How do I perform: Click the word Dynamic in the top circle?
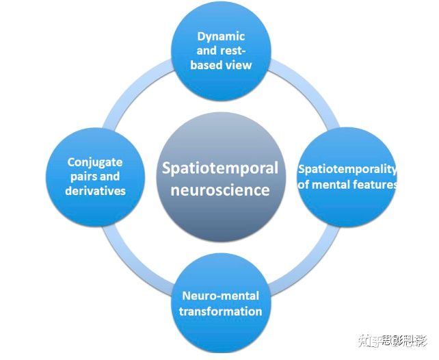point(221,36)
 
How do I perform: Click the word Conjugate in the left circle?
point(95,162)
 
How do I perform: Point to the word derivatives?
point(95,190)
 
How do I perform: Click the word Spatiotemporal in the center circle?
point(219,168)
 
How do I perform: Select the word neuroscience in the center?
point(219,190)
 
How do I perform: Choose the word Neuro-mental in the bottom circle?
point(220,296)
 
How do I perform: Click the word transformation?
point(220,311)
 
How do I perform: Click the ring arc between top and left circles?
point(133,92)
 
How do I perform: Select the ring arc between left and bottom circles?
point(133,263)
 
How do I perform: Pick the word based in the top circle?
point(207,65)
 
